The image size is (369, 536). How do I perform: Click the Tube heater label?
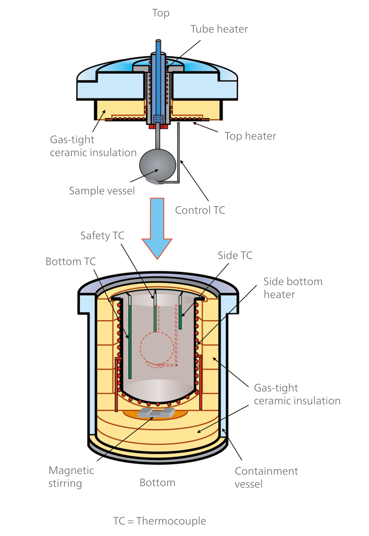pos(219,29)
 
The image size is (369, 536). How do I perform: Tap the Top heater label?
pos(250,136)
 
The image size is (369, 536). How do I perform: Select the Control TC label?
pos(200,210)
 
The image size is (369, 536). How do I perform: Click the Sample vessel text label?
pos(102,191)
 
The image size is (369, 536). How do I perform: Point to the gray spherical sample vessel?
pos(158,165)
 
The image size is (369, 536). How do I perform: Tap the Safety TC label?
pos(102,236)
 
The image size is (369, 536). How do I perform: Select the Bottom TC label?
pos(71,261)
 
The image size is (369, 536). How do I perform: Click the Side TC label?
pos(235,255)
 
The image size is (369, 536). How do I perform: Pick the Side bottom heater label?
pos(292,288)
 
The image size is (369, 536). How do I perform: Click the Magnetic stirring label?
pos(71,477)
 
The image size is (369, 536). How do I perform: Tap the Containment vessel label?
pos(266,477)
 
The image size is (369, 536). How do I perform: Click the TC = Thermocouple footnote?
pos(160,521)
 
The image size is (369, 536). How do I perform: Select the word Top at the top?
pos(161,13)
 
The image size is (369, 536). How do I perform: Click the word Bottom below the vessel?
pos(157,483)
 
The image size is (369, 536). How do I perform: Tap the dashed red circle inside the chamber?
pos(157,348)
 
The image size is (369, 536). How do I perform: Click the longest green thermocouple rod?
pos(130,341)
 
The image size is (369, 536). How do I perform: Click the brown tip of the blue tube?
pos(158,41)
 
